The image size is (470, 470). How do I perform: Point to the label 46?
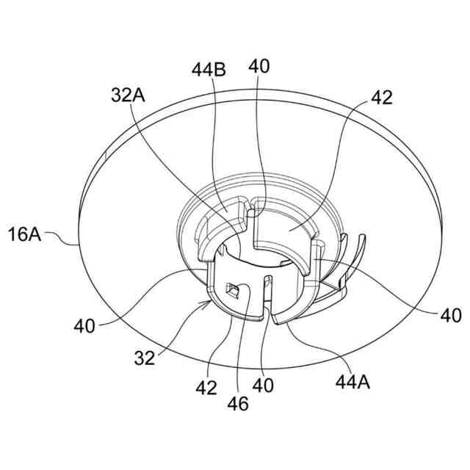tap(239, 403)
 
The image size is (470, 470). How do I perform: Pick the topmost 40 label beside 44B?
tap(258, 67)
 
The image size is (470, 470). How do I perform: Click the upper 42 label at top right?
tap(382, 98)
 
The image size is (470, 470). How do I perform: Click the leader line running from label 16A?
tap(62, 240)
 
